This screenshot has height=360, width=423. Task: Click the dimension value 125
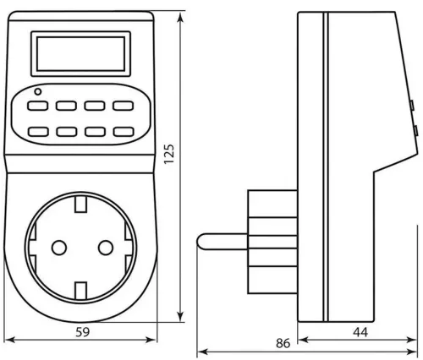click(x=169, y=154)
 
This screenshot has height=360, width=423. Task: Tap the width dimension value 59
click(x=83, y=332)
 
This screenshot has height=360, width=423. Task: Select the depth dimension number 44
click(x=360, y=332)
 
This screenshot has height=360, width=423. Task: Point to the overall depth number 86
click(x=283, y=343)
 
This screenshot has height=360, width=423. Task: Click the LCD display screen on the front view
click(x=80, y=53)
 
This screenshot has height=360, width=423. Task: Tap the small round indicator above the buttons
click(x=37, y=91)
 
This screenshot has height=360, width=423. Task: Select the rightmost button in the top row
click(x=123, y=106)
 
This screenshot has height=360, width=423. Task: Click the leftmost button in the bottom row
click(x=38, y=132)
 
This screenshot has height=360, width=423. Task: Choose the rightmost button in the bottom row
click(x=124, y=132)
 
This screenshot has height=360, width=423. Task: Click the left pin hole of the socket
click(x=59, y=248)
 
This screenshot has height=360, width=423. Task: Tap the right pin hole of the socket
click(x=106, y=248)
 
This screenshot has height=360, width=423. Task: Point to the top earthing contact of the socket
click(x=80, y=205)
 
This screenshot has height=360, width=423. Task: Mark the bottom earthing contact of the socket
click(x=80, y=290)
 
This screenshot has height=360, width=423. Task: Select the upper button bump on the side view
click(x=412, y=105)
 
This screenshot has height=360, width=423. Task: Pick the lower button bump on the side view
click(x=415, y=130)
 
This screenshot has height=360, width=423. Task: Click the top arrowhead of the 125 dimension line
click(x=180, y=18)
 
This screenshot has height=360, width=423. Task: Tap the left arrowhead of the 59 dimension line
click(x=10, y=340)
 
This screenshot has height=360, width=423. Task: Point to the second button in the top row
click(x=66, y=106)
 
